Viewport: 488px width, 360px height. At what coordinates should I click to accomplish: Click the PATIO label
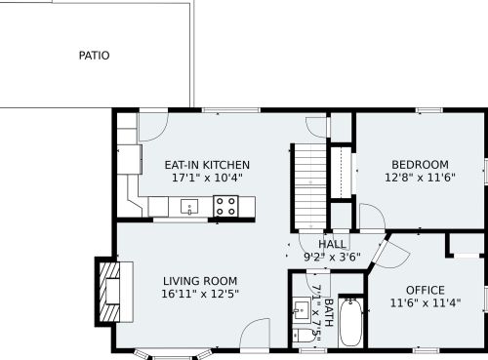(x=94, y=56)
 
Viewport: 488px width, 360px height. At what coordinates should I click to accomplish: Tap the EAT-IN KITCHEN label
(x=207, y=165)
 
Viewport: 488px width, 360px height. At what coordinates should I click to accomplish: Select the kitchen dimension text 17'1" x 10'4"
(x=207, y=178)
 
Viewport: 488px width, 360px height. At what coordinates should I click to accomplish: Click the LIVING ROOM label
(x=200, y=281)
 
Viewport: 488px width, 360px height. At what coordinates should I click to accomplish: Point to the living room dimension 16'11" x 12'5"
(x=200, y=294)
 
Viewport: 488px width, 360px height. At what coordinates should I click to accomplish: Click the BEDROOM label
(x=420, y=165)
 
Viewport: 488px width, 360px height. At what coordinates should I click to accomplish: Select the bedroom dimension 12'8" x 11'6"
(x=420, y=178)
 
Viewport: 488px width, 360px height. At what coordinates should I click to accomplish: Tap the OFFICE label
(x=426, y=290)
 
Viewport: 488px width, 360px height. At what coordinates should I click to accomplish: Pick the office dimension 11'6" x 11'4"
(x=426, y=303)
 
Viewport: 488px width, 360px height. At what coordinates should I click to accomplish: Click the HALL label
(x=332, y=244)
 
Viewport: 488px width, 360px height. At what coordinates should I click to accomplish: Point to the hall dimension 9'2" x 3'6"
(x=332, y=258)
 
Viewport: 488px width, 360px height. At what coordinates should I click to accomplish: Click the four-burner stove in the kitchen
(x=225, y=206)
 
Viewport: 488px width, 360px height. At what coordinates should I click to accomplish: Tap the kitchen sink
(x=189, y=207)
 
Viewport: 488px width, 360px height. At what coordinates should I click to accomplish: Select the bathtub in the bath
(x=350, y=323)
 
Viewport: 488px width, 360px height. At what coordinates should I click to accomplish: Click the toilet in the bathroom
(x=303, y=336)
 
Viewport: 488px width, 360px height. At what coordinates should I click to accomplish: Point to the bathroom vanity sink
(x=302, y=310)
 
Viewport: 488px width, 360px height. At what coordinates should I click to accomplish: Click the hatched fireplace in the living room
(x=109, y=292)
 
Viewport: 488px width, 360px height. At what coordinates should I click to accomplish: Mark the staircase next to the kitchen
(x=310, y=187)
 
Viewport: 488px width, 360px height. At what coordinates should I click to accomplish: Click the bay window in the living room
(x=172, y=353)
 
